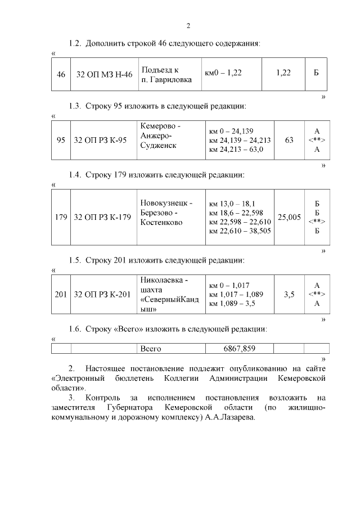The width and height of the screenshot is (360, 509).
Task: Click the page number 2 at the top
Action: click(x=188, y=26)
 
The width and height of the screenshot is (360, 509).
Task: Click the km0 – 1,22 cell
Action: click(x=223, y=74)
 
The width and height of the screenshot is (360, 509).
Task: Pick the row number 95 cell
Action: click(x=61, y=140)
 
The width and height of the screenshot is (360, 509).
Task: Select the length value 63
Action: click(x=289, y=140)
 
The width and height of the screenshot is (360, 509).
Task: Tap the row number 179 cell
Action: click(x=61, y=217)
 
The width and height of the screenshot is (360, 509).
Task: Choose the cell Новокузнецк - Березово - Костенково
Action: click(x=166, y=213)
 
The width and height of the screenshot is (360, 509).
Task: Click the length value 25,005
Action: click(x=289, y=217)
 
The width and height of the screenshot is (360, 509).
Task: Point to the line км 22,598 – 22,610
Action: click(x=240, y=222)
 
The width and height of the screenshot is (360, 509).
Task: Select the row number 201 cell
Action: click(x=61, y=294)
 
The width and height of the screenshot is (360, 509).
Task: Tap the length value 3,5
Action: click(x=289, y=294)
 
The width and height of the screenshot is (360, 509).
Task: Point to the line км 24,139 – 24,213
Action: click(x=240, y=140)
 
